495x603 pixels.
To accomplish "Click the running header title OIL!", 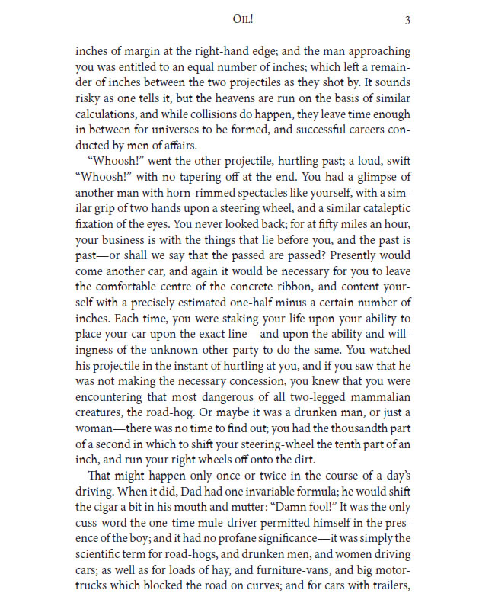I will (247, 20).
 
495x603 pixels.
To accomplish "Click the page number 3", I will (407, 20).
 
